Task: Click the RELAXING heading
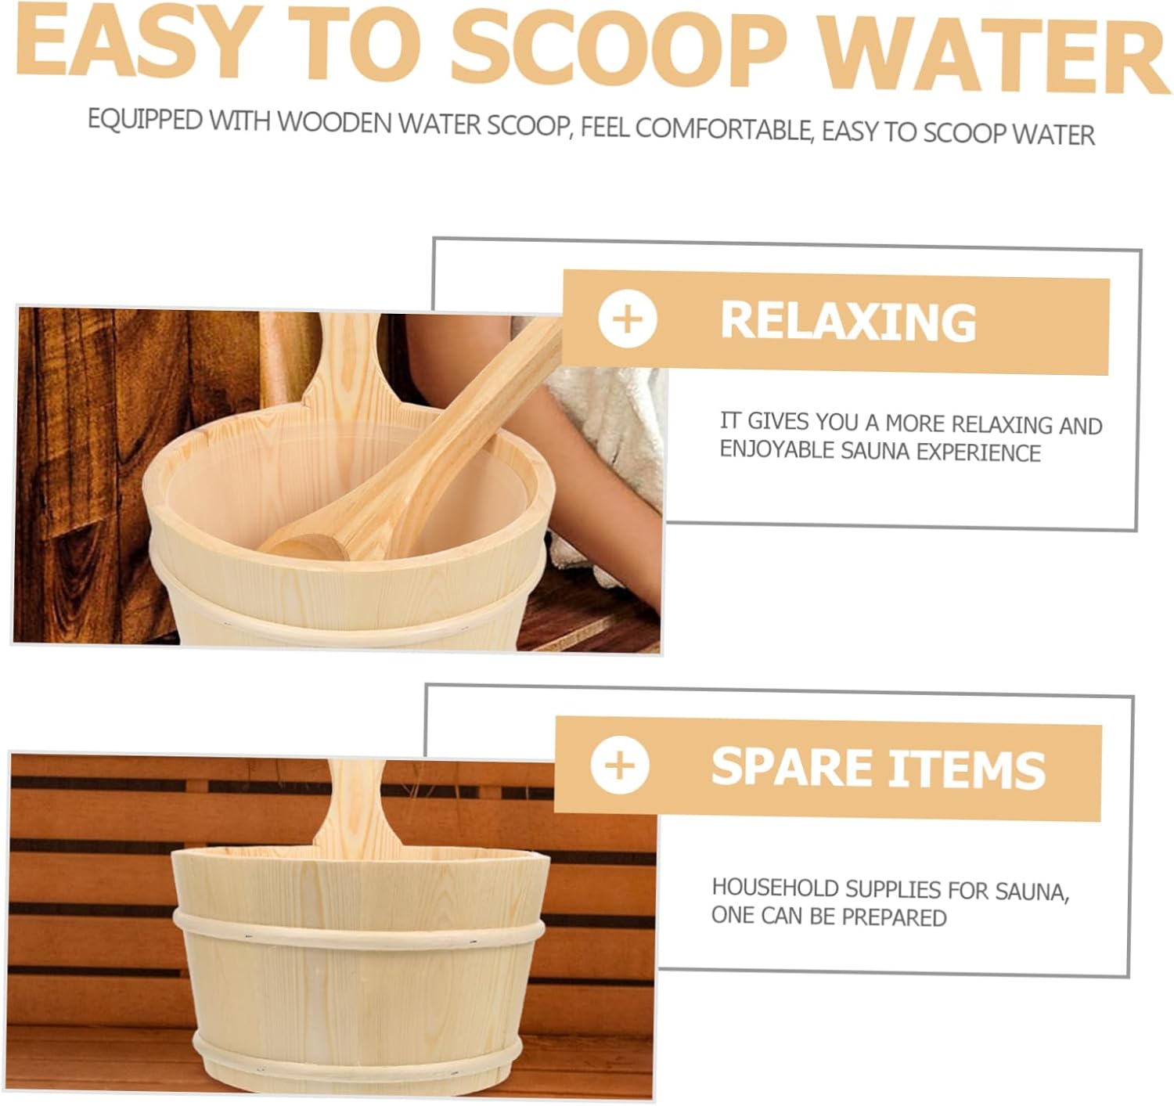point(848,321)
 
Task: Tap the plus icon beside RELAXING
point(627,319)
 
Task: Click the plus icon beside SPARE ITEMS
point(620,765)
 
